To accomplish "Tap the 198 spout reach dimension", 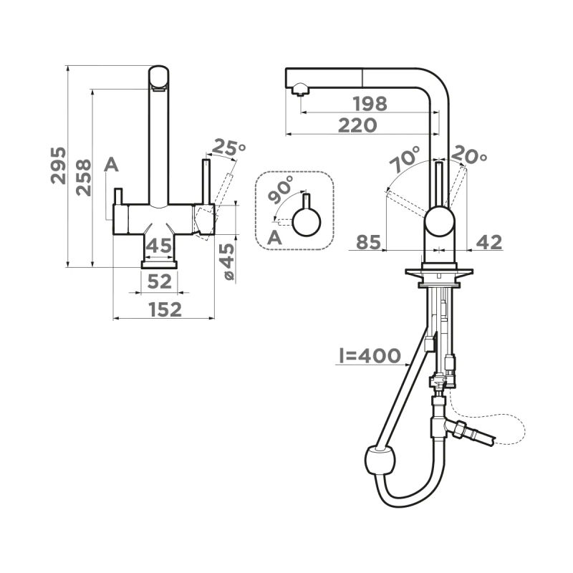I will (370, 104).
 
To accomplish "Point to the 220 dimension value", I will (357, 125).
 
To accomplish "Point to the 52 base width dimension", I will (159, 281).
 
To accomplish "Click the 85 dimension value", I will (368, 243).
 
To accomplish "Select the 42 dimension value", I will (488, 243).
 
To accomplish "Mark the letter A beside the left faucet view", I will (111, 165).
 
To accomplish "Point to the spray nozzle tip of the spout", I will (299, 90).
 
